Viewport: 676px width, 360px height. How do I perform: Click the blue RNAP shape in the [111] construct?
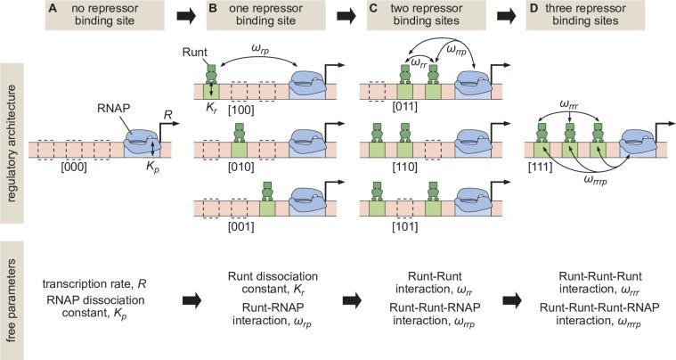coord(637,145)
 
